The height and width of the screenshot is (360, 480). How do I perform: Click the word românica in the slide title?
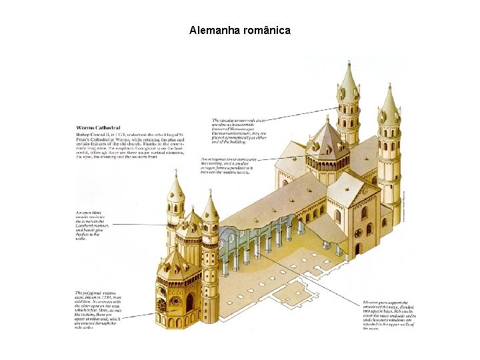(266, 31)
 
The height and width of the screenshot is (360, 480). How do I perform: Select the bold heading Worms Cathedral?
(94, 127)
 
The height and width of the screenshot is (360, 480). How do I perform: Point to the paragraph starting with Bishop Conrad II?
(129, 145)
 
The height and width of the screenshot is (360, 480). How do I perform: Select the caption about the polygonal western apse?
(97, 310)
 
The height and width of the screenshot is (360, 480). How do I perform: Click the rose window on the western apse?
(162, 305)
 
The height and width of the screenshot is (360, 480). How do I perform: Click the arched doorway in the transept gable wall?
(357, 249)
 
